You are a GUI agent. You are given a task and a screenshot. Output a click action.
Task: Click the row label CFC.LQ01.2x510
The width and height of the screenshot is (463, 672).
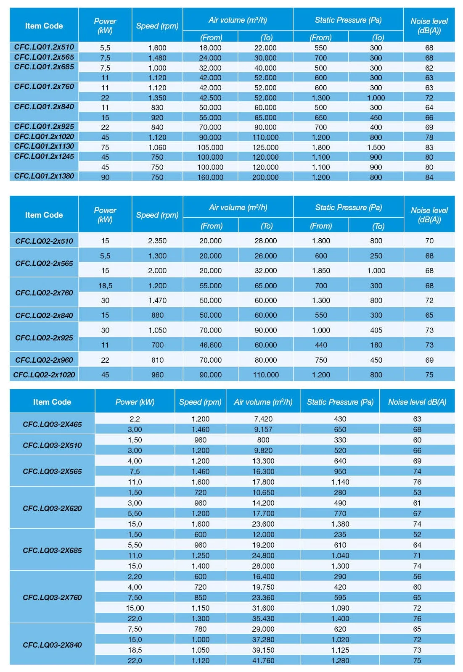pos(44,47)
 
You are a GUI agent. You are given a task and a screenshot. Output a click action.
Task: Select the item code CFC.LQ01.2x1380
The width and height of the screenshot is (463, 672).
pos(44,176)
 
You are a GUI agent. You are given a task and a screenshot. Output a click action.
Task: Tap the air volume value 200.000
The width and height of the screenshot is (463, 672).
pos(265,177)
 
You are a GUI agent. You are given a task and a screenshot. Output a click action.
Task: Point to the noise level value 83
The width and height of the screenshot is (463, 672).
pos(429,147)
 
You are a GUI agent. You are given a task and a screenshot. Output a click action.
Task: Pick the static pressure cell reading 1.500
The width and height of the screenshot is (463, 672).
pos(376,147)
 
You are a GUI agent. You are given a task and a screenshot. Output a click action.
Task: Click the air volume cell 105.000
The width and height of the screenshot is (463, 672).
pos(210,147)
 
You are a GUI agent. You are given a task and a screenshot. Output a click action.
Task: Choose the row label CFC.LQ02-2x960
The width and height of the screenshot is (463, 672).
pos(44,360)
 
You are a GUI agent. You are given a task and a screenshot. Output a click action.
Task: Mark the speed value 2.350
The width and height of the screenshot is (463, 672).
pos(157,241)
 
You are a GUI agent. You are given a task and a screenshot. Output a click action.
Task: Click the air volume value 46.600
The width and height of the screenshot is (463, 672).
pos(210,345)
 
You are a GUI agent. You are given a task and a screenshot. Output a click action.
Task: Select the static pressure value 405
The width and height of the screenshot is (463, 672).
pos(376,330)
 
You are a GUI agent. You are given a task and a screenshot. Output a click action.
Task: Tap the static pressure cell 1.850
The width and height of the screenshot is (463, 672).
pos(321,271)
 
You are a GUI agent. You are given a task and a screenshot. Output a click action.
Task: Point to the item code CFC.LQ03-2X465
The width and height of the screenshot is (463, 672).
pos(52,424)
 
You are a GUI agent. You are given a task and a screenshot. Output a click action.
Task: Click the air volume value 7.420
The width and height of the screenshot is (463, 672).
pos(263,419)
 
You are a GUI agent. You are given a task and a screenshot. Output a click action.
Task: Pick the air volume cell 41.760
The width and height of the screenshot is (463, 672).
pos(263,660)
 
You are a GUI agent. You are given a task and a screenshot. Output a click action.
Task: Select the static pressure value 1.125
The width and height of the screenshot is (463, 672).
pos(340,650)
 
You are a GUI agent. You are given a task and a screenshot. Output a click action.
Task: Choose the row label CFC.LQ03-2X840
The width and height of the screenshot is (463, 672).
pos(52,645)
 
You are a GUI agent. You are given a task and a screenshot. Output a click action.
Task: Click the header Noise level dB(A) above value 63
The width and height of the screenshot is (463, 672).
pos(417,402)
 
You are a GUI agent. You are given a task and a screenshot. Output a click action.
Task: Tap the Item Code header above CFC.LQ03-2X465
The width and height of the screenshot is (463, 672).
pos(52,402)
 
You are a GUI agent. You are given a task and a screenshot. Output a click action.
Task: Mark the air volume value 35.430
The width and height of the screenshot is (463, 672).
pos(263,618)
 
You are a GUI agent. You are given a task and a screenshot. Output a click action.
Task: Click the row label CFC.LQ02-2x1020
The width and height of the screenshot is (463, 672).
pos(44,374)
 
